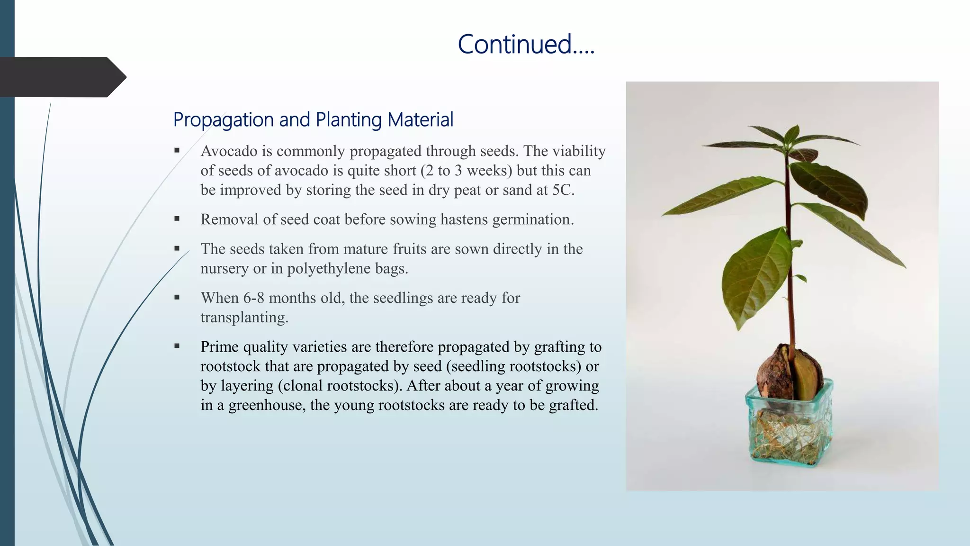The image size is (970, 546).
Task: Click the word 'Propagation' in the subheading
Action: click(x=224, y=120)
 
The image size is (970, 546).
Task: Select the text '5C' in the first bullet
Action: click(x=561, y=190)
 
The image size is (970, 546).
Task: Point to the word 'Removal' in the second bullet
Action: click(x=229, y=219)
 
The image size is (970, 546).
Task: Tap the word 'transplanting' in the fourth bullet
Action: click(x=243, y=318)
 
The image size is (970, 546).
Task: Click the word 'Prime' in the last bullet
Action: click(x=219, y=347)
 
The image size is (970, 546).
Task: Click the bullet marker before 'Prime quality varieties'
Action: click(x=177, y=346)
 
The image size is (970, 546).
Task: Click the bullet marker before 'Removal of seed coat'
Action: click(x=177, y=219)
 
